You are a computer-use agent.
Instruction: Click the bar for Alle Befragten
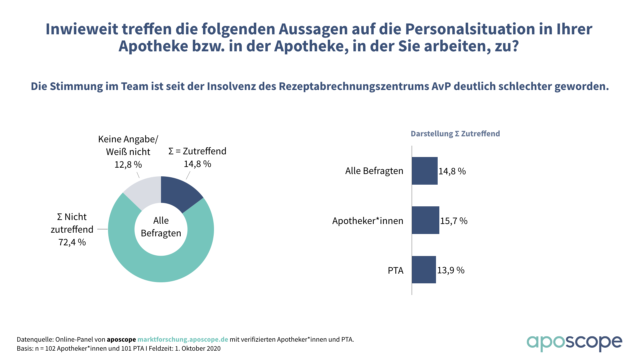point(424,171)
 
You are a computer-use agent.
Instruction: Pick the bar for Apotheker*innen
point(425,220)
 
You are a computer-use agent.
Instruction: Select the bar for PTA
point(424,270)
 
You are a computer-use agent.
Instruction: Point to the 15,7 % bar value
point(454,221)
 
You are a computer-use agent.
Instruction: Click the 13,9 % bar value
point(451,270)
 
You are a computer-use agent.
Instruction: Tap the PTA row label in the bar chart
point(395,270)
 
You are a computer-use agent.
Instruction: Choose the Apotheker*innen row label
point(368,221)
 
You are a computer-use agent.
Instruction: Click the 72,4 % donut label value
point(72,242)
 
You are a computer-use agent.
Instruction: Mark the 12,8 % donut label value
point(128,165)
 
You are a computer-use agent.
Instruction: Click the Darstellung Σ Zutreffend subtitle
point(455,134)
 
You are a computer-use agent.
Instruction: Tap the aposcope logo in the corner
point(574,343)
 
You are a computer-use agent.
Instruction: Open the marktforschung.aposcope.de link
point(183,339)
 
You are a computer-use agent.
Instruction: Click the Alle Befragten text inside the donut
point(161,227)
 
